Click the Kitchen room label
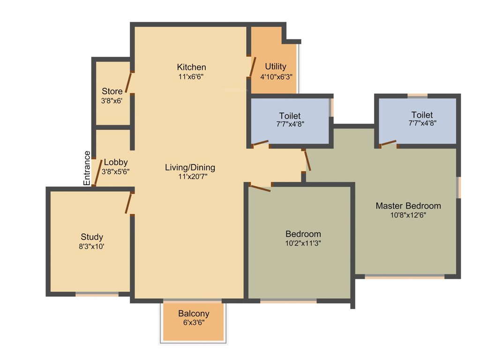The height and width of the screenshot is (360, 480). coord(191,67)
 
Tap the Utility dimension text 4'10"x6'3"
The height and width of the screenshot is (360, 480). coord(277,76)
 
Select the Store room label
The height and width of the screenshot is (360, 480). coord(112,91)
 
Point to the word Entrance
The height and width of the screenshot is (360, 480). coord(87,168)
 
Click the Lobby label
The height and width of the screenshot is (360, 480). coord(116,163)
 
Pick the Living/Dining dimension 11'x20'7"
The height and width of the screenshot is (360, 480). coord(190,177)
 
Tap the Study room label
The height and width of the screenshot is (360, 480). coord(92,237)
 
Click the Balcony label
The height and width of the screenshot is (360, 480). coord(194,314)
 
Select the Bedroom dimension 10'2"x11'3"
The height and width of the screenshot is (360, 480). coord(303,243)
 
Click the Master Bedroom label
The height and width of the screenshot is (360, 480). coord(408,206)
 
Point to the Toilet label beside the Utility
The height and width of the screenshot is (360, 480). coord(290,116)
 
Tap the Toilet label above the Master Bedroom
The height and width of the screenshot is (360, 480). coord(422,115)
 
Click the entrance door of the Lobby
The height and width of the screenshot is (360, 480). coord(97,173)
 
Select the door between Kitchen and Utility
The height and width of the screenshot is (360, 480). coord(253,67)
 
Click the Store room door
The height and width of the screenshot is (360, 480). coord(129,83)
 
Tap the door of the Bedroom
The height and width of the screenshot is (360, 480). coord(260,188)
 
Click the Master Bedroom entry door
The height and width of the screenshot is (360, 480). coord(307,160)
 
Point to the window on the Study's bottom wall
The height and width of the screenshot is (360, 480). coord(97,294)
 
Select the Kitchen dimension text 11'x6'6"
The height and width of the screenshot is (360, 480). coord(191,76)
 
